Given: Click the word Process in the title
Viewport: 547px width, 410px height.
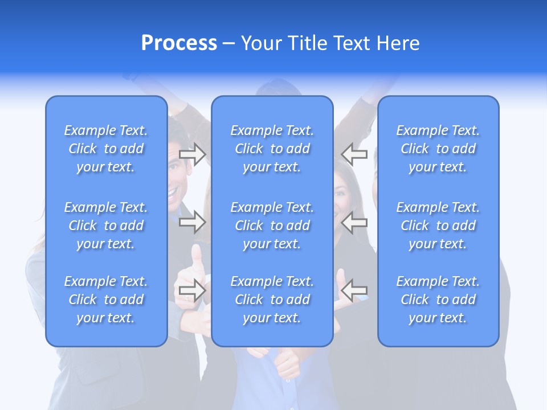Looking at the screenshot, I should coord(179,43).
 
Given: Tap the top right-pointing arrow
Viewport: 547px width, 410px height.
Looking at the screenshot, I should coord(193,154).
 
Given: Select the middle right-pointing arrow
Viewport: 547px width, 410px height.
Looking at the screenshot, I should coord(193,222).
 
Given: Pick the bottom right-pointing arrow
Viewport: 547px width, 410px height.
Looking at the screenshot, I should coord(193,290).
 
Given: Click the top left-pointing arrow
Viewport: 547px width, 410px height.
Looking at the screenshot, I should coord(354,154).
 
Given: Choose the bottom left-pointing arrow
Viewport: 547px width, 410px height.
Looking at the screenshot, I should coord(354,290).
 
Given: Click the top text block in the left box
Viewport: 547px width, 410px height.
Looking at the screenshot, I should coord(106,149).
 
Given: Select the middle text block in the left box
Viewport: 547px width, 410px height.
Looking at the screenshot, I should coord(106,225).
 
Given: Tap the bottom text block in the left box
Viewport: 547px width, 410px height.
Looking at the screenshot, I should coord(106,300).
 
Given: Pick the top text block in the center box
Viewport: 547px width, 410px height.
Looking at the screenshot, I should coord(272,149).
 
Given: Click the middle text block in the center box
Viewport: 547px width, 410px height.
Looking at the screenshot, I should coord(272,225).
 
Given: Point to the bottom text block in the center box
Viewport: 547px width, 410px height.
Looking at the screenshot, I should coord(272,300).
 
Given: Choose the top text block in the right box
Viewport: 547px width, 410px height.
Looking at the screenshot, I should coord(438,149).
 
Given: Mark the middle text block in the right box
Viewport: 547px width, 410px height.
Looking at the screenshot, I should coord(438,225).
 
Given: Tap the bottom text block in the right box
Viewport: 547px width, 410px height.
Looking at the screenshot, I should coord(438,300).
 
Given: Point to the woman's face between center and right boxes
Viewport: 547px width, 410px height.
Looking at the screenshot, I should coord(342,191).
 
